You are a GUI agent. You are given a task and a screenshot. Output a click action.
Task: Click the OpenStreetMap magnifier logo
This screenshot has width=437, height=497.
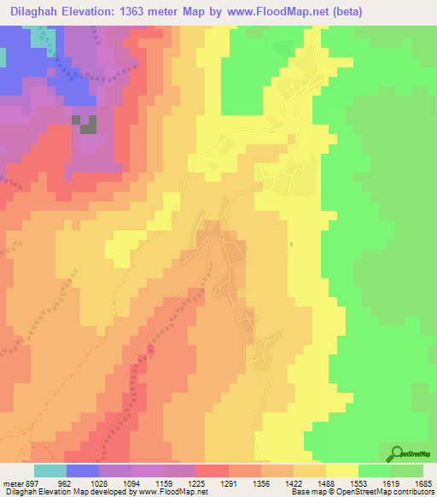397,455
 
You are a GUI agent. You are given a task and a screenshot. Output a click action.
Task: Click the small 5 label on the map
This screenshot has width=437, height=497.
291,245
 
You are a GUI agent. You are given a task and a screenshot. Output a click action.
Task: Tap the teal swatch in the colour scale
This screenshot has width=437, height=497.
50,471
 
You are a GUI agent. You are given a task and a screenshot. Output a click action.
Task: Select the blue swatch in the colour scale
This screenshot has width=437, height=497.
83,471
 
